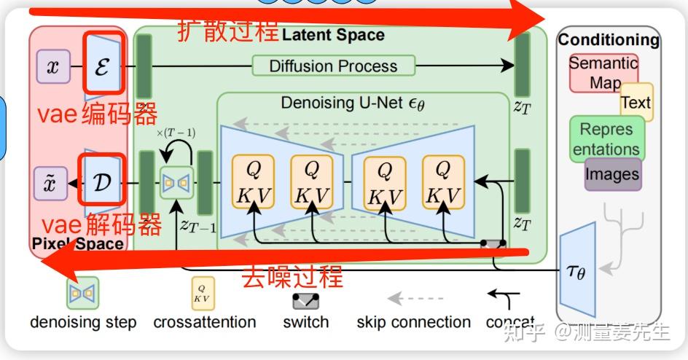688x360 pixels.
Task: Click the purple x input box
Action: click(x=52, y=68)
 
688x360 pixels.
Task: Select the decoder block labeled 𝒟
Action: click(x=101, y=181)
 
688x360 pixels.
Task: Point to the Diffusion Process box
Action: click(x=333, y=66)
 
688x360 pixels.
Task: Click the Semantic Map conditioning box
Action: click(x=603, y=72)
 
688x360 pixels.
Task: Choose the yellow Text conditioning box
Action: click(x=636, y=103)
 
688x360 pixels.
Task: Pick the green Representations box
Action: click(x=606, y=138)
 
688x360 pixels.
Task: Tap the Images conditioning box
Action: click(x=613, y=174)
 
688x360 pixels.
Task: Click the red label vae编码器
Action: click(x=97, y=114)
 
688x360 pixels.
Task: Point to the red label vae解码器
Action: click(x=101, y=225)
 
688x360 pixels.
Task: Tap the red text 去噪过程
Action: click(x=292, y=278)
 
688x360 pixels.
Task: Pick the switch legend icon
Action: click(x=306, y=300)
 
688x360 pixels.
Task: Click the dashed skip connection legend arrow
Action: click(x=415, y=299)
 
